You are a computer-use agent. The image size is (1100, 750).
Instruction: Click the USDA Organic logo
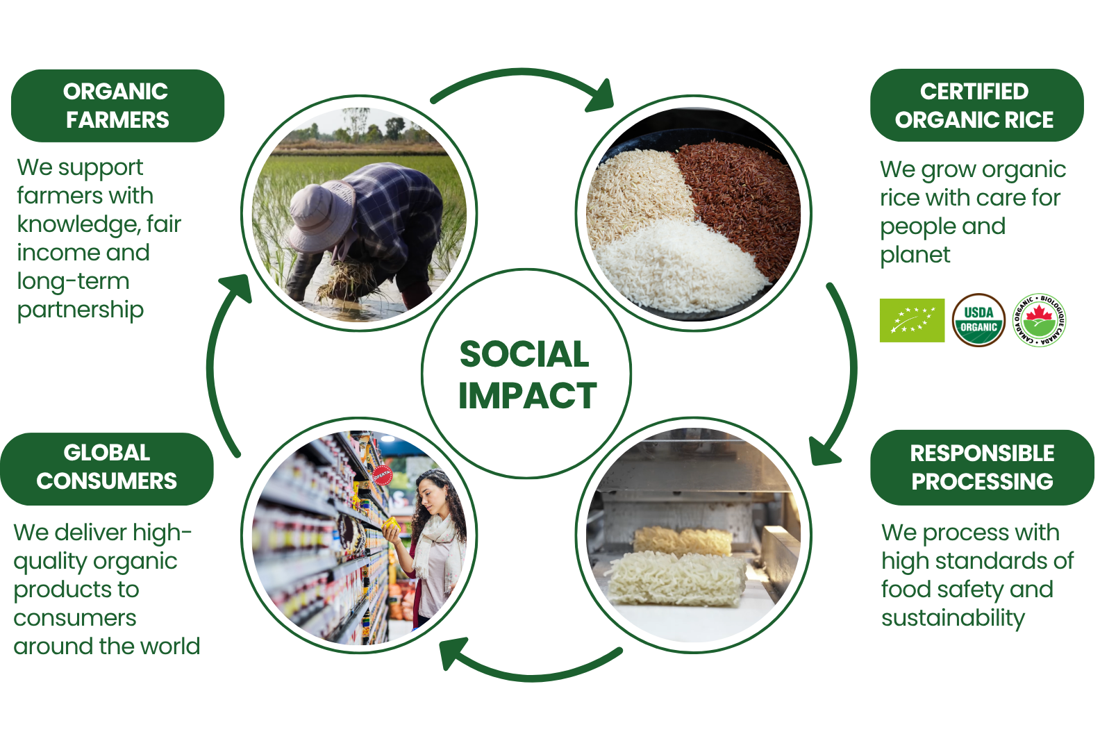coord(978,320)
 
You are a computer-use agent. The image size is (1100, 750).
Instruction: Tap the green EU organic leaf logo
coord(912,320)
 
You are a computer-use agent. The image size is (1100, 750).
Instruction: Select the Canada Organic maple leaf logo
coord(1039,320)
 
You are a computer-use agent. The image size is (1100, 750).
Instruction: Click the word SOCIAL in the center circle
coord(524,354)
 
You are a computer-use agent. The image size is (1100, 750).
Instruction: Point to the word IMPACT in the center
coord(527,395)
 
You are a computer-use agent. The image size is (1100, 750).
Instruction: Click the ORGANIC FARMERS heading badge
coord(118,106)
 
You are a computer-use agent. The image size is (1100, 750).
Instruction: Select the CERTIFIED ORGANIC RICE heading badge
coord(977,105)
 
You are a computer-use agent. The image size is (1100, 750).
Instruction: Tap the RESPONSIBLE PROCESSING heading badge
coord(982,467)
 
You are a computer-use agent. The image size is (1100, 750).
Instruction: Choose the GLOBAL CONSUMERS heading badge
coord(106,469)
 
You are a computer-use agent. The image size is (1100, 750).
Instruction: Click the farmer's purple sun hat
coord(320,216)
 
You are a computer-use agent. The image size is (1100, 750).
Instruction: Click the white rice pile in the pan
coord(680,265)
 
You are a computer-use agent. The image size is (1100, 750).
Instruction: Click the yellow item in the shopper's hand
coord(392,524)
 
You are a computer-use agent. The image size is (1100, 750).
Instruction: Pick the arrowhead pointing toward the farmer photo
coord(237,287)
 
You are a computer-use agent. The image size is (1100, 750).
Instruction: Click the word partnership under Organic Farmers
coord(81,310)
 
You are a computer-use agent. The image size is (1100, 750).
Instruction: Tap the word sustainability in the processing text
coord(953,618)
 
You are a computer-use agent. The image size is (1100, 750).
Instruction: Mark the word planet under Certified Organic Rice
coord(915,256)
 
